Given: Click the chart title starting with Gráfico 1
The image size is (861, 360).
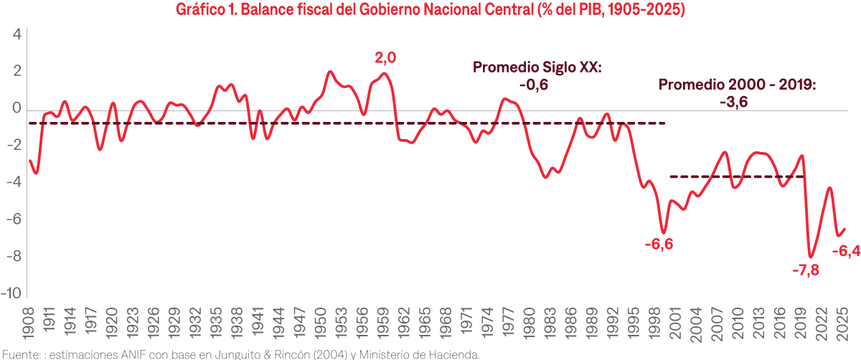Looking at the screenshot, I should tap(430, 11).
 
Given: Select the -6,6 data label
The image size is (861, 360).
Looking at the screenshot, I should tap(659, 244).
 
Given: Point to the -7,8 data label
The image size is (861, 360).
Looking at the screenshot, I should tap(806, 270).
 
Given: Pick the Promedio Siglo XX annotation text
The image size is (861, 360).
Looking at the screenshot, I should tap(537, 67).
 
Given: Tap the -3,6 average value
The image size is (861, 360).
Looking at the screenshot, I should tap(733, 103).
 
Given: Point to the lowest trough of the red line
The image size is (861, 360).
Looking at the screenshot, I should tap(811, 256).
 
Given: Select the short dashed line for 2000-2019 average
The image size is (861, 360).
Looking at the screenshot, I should tap(735, 176).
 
